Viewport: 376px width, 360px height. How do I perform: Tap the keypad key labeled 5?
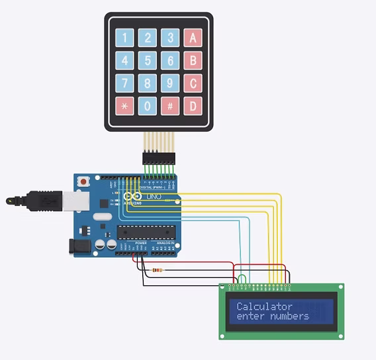[x=147, y=61]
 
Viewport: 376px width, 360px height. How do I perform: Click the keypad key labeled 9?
[x=170, y=83]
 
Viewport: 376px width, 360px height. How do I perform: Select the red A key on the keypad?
[x=193, y=38]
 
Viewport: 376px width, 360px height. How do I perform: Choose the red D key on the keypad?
[x=193, y=106]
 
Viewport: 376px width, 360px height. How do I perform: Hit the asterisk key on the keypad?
[x=124, y=106]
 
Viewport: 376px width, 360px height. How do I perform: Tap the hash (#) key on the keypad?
[x=170, y=106]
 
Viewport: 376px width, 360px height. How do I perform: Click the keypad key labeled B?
[x=193, y=61]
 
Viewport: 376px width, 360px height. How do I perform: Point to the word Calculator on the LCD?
[x=264, y=306]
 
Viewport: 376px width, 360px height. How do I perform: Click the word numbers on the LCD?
[x=288, y=316]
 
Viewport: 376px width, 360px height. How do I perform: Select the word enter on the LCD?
[x=250, y=316]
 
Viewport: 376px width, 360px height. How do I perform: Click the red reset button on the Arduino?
[x=83, y=181]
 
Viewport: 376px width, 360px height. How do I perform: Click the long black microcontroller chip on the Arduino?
[x=146, y=231]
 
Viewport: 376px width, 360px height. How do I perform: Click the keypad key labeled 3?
[x=170, y=38]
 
